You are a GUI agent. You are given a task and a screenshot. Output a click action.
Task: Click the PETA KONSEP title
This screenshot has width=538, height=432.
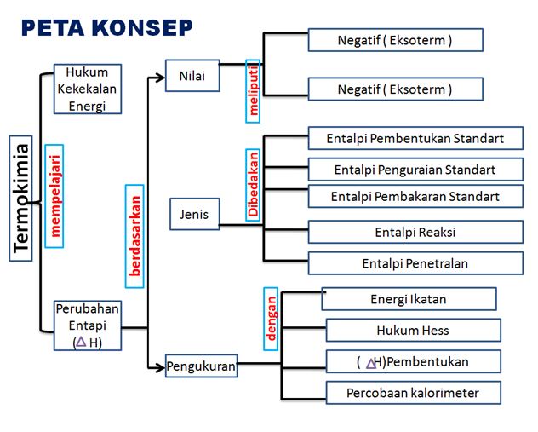pos(106,27)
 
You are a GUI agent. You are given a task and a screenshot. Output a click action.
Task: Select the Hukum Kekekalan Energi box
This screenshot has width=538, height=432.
pos(88,89)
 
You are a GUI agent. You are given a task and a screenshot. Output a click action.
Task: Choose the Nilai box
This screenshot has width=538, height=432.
pos(192,77)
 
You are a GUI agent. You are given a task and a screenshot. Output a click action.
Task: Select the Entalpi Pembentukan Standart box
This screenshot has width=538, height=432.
pos(415,139)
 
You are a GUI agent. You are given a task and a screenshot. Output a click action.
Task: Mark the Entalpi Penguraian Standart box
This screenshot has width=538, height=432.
pos(415,169)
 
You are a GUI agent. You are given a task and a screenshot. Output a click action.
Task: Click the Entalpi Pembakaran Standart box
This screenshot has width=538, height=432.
pos(415,197)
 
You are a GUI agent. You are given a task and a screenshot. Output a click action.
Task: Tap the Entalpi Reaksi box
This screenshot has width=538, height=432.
pos(415,232)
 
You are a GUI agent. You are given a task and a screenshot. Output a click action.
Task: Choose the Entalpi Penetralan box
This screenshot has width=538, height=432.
pos(415,263)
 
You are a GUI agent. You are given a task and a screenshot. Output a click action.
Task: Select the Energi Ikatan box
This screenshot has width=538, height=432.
pos(409,299)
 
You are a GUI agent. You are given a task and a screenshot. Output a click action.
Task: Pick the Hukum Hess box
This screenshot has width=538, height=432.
pos(413,331)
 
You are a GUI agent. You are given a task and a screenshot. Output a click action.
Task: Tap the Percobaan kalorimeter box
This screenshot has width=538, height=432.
pos(413,393)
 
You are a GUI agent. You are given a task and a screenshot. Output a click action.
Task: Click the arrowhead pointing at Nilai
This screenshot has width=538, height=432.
pos(160,77)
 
